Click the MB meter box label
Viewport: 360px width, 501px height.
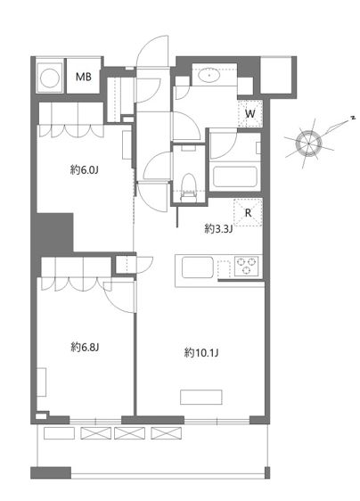tap(84, 77)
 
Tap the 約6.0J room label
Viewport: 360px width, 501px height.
tap(84, 169)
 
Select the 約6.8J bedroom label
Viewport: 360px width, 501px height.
tap(85, 347)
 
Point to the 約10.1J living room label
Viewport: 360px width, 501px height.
tap(201, 352)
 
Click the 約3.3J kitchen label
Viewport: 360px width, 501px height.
tap(218, 228)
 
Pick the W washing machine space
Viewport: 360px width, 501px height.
tap(250, 113)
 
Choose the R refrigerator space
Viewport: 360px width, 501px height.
tap(248, 212)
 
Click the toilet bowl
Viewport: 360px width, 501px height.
tap(188, 187)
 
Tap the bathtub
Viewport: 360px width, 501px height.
tap(235, 177)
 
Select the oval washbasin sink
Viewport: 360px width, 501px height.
tap(209, 76)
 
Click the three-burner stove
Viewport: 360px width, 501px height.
tap(246, 266)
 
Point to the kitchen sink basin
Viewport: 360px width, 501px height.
tap(198, 267)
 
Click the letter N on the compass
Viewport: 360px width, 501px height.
tap(353, 118)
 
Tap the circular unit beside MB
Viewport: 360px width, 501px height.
tap(50, 77)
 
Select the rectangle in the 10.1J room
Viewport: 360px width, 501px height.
tap(200, 397)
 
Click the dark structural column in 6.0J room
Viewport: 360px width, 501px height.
tap(54, 232)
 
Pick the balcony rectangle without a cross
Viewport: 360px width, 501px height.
tap(59, 433)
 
